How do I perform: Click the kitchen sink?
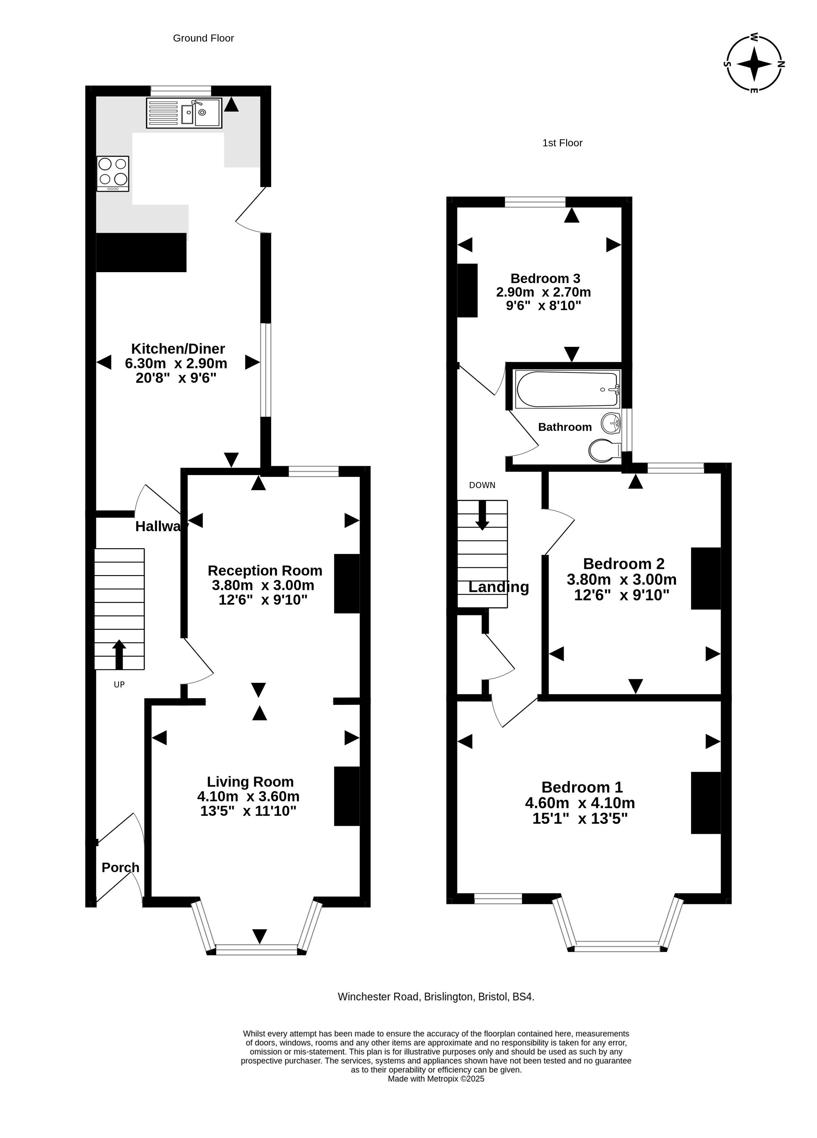184,113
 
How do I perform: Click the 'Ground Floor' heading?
203,38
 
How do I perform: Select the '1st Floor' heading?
562,143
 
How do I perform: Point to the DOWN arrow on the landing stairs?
482,515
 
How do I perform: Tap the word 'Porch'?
120,867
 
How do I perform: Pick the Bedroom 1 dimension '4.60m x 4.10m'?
580,803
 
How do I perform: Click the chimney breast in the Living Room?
347,796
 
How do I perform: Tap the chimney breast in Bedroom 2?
706,579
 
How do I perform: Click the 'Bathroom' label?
565,427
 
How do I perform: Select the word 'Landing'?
499,587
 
